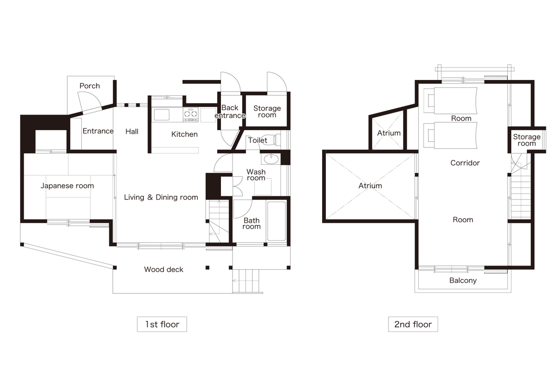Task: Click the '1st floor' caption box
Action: (162, 324)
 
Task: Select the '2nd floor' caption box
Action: (413, 324)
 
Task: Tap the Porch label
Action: (90, 86)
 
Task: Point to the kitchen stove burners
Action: (191, 114)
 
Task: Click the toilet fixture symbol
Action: (271, 140)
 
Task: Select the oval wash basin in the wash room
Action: (271, 159)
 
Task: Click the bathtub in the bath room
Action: (277, 221)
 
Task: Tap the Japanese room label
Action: (67, 186)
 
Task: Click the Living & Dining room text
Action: (161, 197)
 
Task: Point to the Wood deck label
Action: (163, 269)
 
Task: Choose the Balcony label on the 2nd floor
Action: (463, 280)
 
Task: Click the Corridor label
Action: (465, 163)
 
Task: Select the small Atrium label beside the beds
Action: (389, 133)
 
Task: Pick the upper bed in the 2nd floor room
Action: (451, 100)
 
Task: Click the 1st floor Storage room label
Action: (267, 112)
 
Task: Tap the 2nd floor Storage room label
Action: (527, 140)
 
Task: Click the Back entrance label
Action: (230, 112)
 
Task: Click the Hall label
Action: (132, 132)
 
